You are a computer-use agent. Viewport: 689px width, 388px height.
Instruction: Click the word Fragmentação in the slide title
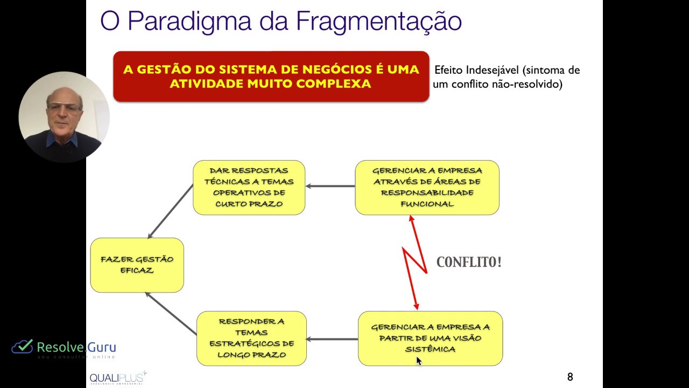(x=378, y=22)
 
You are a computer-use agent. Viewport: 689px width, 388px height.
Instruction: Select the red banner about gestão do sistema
(x=271, y=77)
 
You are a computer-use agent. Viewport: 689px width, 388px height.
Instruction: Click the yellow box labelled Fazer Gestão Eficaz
(x=137, y=265)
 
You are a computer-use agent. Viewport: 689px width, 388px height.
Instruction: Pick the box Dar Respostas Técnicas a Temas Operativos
(x=249, y=187)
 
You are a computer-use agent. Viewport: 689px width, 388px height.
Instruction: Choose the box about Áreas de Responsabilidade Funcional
(x=427, y=187)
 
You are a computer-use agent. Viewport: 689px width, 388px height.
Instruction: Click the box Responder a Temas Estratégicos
(x=251, y=338)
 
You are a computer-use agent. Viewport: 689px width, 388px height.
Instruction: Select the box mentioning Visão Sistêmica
(x=430, y=338)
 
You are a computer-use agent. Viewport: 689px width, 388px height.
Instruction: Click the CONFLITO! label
(x=469, y=262)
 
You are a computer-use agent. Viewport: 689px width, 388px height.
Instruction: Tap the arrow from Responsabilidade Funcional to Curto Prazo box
(x=330, y=186)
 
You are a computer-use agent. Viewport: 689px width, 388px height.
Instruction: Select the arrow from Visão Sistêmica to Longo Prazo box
(x=332, y=339)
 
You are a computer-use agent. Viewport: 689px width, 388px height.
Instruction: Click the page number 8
(x=570, y=377)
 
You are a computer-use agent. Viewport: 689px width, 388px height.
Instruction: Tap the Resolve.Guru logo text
(x=76, y=347)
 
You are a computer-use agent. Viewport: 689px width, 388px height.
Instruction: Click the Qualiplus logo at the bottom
(x=117, y=378)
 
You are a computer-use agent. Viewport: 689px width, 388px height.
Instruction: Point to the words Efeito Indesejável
(x=476, y=70)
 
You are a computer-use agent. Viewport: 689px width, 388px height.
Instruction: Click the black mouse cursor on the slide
(x=419, y=361)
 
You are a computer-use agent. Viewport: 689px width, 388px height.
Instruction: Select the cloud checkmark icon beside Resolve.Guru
(x=22, y=347)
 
